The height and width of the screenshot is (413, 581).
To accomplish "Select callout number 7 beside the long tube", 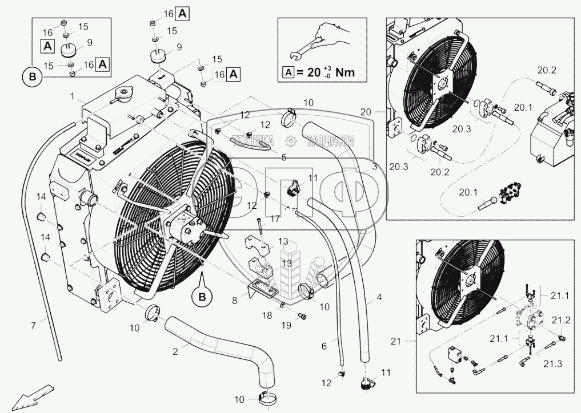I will [34, 325].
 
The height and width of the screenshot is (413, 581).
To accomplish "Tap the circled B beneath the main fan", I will [202, 296].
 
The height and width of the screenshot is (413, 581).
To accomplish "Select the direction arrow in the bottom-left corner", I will [28, 397].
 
